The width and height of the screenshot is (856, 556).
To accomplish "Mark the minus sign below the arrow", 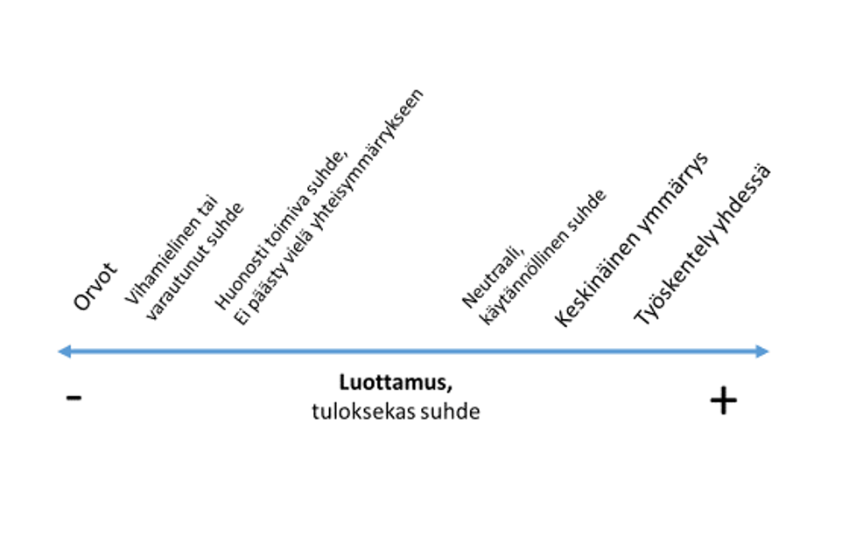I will (74, 399).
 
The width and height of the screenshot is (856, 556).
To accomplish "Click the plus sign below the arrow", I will (723, 400).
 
